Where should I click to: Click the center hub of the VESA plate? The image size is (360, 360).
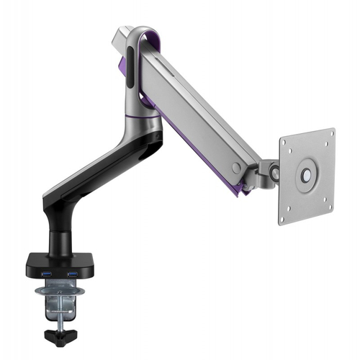[307, 175]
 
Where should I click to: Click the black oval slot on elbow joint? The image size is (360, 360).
[130, 68]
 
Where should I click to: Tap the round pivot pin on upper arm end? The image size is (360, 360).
[236, 168]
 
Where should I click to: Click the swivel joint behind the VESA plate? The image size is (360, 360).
[271, 173]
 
